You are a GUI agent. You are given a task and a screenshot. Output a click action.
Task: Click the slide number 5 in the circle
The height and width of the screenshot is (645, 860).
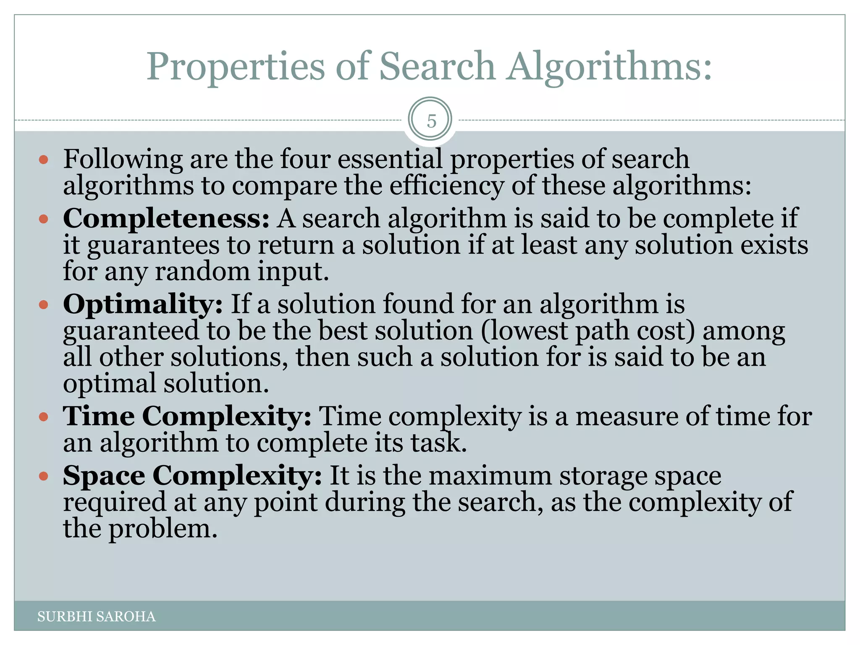pyautogui.click(x=431, y=121)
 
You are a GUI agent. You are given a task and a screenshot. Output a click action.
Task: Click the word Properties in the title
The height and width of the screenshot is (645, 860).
pyautogui.click(x=236, y=67)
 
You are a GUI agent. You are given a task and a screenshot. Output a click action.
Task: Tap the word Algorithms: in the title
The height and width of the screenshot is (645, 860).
pyautogui.click(x=609, y=67)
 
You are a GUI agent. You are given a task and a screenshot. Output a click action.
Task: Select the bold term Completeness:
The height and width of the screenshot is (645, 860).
pyautogui.click(x=166, y=219)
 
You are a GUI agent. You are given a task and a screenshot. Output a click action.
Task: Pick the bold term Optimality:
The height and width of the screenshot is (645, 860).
pyautogui.click(x=143, y=304)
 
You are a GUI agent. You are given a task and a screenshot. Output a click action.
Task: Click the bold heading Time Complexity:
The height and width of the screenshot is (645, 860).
pyautogui.click(x=187, y=417)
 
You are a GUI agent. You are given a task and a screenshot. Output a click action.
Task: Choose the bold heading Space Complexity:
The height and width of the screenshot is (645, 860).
pyautogui.click(x=192, y=476)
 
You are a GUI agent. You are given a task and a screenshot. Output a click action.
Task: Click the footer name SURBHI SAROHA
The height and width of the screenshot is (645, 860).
pyautogui.click(x=97, y=616)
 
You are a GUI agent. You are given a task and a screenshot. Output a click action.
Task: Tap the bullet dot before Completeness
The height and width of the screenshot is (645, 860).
pyautogui.click(x=44, y=219)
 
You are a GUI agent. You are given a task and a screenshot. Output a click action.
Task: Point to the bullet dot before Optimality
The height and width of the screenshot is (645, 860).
pyautogui.click(x=44, y=304)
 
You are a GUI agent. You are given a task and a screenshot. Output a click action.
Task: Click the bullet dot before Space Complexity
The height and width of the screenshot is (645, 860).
pyautogui.click(x=44, y=476)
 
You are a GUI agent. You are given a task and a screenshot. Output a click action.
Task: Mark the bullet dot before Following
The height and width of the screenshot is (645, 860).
pyautogui.click(x=44, y=160)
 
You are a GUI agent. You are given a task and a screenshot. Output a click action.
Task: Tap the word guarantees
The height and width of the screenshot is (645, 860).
pyautogui.click(x=153, y=245)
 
